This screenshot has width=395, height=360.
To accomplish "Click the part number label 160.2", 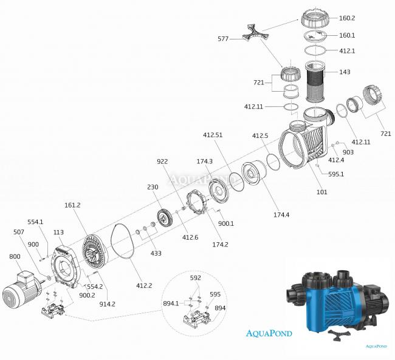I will point(365,18).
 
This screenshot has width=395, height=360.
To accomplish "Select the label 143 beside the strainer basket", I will point(345,72).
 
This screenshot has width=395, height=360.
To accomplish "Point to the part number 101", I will point(322,192).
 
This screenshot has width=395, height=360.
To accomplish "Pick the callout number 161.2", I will point(72,206).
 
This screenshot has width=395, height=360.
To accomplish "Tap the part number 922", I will point(162,162).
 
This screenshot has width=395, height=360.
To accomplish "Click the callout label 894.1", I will point(171,302).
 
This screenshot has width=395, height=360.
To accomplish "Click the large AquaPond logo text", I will point(269,333).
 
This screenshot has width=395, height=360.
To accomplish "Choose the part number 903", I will point(348,152).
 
